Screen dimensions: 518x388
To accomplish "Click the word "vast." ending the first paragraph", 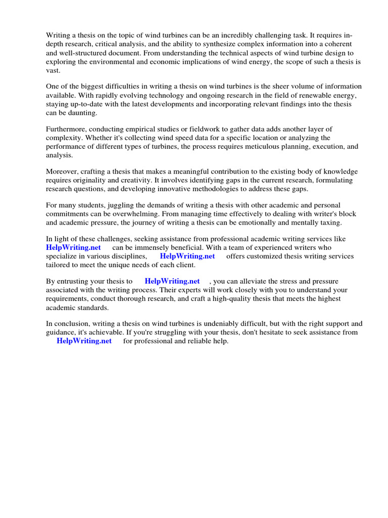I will point(53,71).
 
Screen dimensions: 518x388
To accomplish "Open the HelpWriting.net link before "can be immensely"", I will point(74,247).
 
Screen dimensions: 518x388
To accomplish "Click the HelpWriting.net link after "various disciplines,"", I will point(187,256).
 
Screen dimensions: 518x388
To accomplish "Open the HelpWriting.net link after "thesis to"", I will point(172,281).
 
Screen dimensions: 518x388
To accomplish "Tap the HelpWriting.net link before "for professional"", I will point(84,341).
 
